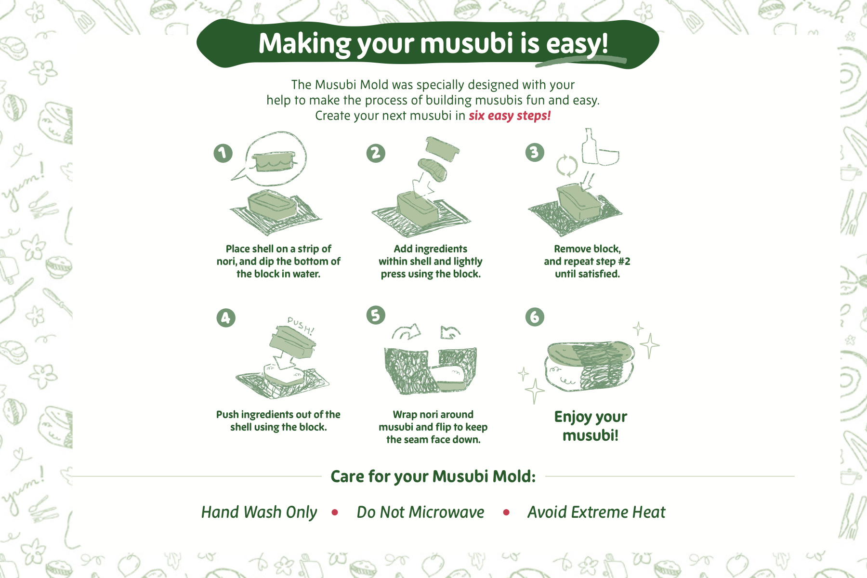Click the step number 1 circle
223,153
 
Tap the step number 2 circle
376,153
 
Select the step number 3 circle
535,152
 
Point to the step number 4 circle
226,318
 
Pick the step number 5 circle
376,315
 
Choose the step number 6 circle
535,317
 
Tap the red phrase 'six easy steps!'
510,116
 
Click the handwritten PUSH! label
301,325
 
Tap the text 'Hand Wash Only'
259,512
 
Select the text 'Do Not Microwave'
420,512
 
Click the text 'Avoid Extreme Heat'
596,512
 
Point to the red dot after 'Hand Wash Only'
335,512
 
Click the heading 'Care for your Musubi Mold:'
433,476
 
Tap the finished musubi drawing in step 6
589,367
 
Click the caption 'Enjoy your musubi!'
591,426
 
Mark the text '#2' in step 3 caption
624,262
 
